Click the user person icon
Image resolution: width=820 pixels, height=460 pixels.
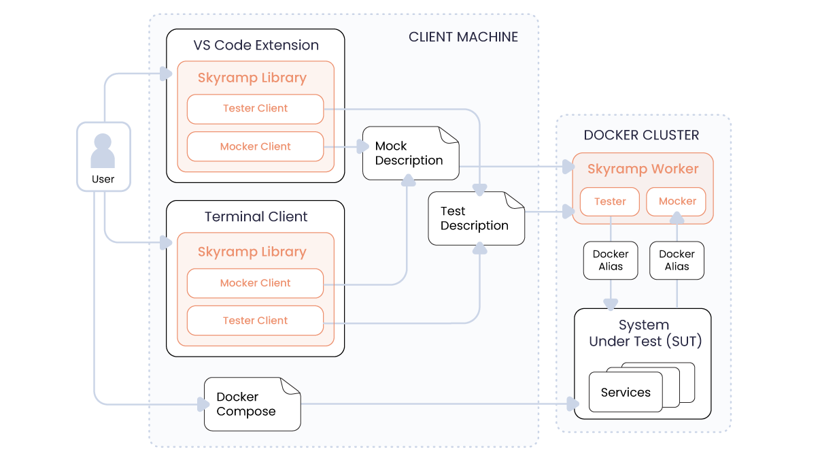point(103,151)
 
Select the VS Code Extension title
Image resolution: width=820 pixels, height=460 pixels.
point(256,46)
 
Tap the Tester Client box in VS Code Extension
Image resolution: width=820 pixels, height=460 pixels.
point(255,109)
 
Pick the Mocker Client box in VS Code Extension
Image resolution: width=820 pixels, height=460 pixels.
point(255,147)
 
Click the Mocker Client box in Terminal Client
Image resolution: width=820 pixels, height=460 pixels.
point(255,283)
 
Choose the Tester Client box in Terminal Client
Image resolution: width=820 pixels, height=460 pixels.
point(255,321)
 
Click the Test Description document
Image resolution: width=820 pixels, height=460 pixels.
point(475,218)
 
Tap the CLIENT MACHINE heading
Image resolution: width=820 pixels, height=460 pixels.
point(463,37)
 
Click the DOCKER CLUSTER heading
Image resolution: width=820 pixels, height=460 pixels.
point(641,135)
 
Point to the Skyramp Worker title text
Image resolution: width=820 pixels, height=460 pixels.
point(643,169)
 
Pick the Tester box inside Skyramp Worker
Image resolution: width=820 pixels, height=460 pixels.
point(610,201)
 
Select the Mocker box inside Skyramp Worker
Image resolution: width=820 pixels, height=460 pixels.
point(677,201)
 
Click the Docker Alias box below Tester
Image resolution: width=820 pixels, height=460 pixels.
point(611,261)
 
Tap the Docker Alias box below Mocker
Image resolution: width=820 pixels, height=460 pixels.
point(677,261)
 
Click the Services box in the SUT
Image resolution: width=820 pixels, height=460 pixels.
point(626,393)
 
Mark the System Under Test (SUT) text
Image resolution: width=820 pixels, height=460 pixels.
point(644,333)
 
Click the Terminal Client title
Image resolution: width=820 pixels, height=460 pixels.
point(256,217)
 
